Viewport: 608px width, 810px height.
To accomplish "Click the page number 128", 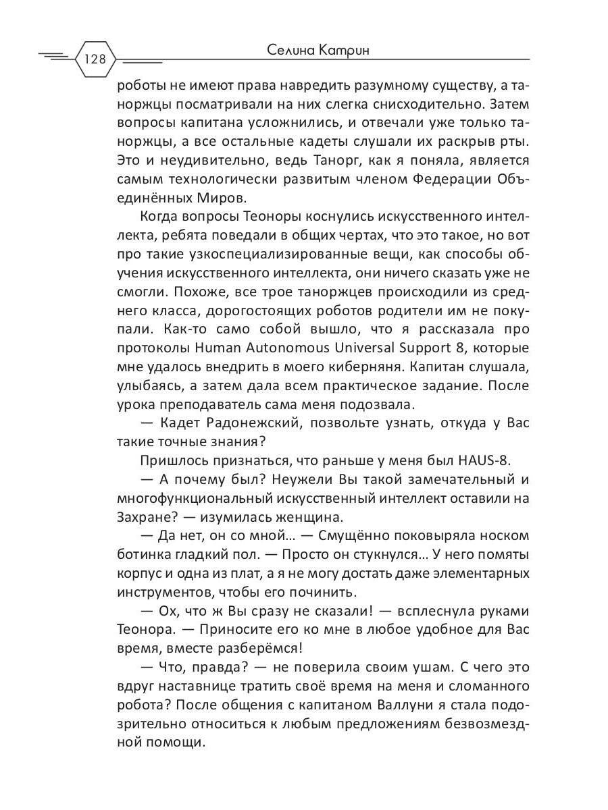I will [x=95, y=59].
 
